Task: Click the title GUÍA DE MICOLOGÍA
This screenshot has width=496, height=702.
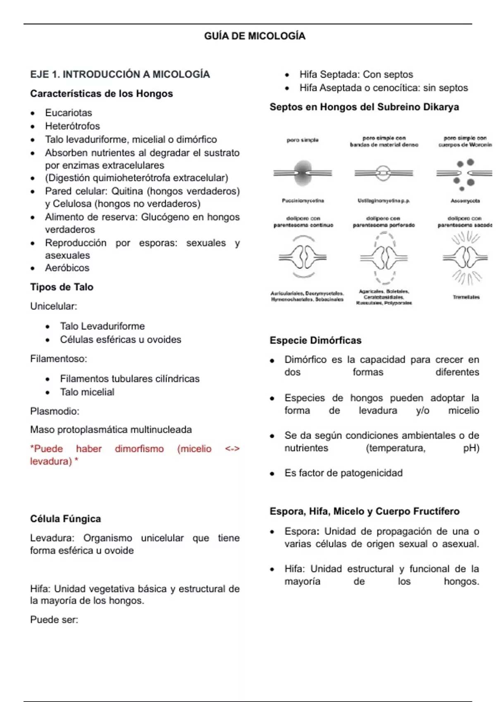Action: pos(255,36)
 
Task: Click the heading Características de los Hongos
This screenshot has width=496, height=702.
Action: pos(101,94)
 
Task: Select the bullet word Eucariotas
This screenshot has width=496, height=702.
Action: pos(69,113)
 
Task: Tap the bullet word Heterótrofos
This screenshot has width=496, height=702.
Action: pos(72,126)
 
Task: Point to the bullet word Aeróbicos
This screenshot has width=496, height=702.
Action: pos(67,268)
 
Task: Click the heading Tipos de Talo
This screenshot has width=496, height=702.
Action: pos(62,287)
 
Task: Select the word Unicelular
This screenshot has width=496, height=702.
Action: pos(53,306)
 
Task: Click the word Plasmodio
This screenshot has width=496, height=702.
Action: pos(55,411)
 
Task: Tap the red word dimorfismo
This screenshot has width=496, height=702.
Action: pos(139,449)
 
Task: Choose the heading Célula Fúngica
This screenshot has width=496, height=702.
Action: pos(65,519)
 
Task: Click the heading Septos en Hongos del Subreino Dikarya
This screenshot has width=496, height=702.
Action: pos(364,107)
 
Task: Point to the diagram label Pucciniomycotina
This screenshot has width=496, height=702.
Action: pos(303,201)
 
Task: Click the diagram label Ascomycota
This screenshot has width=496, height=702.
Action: pos(465,201)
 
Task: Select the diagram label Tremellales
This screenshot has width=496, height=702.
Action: pos(466,297)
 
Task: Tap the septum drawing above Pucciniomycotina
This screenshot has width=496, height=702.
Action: pos(303,173)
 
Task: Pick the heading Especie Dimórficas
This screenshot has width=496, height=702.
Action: pos(315,341)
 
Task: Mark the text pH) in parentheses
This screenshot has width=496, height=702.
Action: pos(471,448)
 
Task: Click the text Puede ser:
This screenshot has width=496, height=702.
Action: pos(54,620)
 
